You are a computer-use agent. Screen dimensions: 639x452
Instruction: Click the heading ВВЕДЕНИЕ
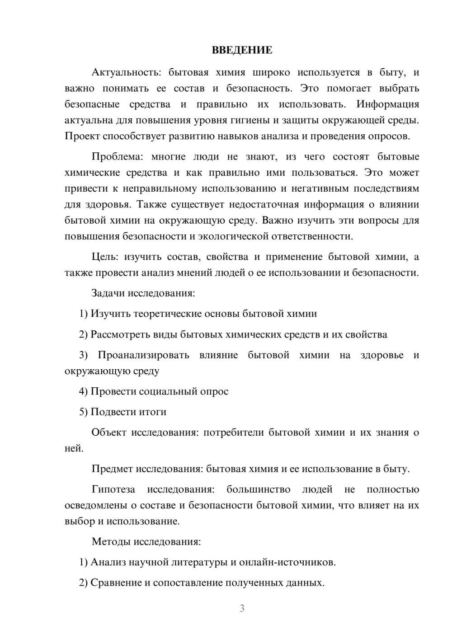pos(242,50)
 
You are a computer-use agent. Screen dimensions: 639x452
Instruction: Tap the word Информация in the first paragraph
pos(387,104)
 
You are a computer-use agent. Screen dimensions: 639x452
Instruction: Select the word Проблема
pos(116,157)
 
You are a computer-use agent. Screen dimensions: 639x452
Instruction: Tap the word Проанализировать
pos(143,355)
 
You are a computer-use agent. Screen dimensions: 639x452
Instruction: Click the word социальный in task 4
pos(168,391)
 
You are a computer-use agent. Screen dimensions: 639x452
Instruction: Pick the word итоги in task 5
pos(153,412)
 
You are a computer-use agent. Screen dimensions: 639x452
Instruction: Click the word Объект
pos(109,432)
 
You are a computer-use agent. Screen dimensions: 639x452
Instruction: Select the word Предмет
pos(112,469)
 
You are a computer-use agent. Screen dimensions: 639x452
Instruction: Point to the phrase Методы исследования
pos(146,541)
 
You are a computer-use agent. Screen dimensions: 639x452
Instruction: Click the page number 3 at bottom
pos(242,608)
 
